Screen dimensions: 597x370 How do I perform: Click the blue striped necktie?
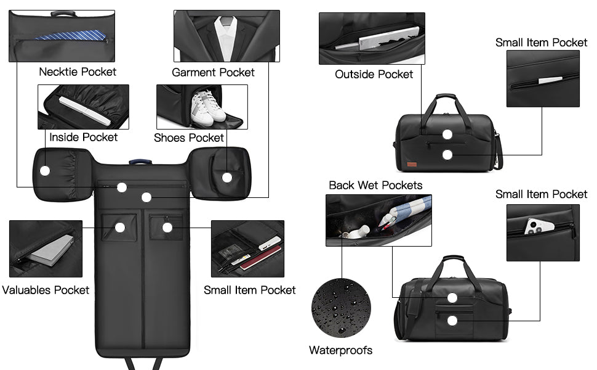pyautogui.click(x=71, y=36)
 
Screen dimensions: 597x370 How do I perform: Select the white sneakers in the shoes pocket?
pyautogui.click(x=207, y=109)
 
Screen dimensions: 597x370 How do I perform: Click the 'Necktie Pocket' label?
pyautogui.click(x=78, y=72)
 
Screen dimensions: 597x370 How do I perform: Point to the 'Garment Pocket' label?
pyautogui.click(x=213, y=72)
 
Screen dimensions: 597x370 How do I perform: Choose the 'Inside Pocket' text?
pyautogui.click(x=83, y=138)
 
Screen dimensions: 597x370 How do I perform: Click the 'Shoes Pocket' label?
pyautogui.click(x=189, y=138)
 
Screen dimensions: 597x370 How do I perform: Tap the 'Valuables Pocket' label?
pyautogui.click(x=46, y=290)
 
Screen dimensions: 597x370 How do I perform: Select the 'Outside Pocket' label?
pyautogui.click(x=374, y=74)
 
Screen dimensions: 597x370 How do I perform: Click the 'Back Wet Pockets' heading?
pyautogui.click(x=376, y=186)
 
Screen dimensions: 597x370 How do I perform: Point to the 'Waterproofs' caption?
pyautogui.click(x=341, y=350)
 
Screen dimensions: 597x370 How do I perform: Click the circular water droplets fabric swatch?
pyautogui.click(x=341, y=308)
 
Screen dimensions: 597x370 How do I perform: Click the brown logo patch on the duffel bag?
pyautogui.click(x=412, y=165)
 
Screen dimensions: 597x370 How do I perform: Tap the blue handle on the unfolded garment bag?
pyautogui.click(x=140, y=162)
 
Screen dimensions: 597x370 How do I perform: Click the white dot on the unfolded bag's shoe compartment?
pyautogui.click(x=227, y=178)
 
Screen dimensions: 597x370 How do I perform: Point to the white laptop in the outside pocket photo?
pyautogui.click(x=388, y=38)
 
